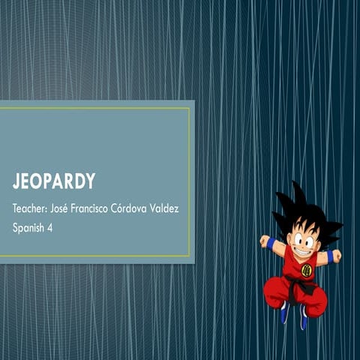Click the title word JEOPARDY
(x=53, y=181)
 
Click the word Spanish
(x=30, y=227)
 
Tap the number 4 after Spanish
(x=55, y=227)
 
